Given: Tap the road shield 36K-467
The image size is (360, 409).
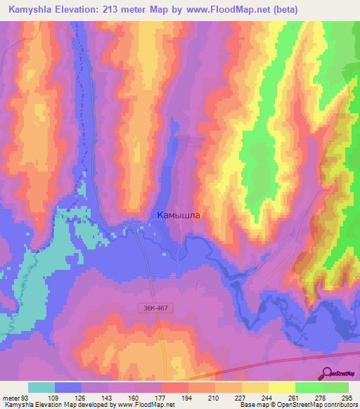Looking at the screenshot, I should tap(150, 309).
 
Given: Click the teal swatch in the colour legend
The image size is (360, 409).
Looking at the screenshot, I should tap(41, 387).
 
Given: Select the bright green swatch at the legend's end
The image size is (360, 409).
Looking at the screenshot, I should tap(335, 387).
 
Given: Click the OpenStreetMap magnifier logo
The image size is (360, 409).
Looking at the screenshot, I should tap(328, 375).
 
